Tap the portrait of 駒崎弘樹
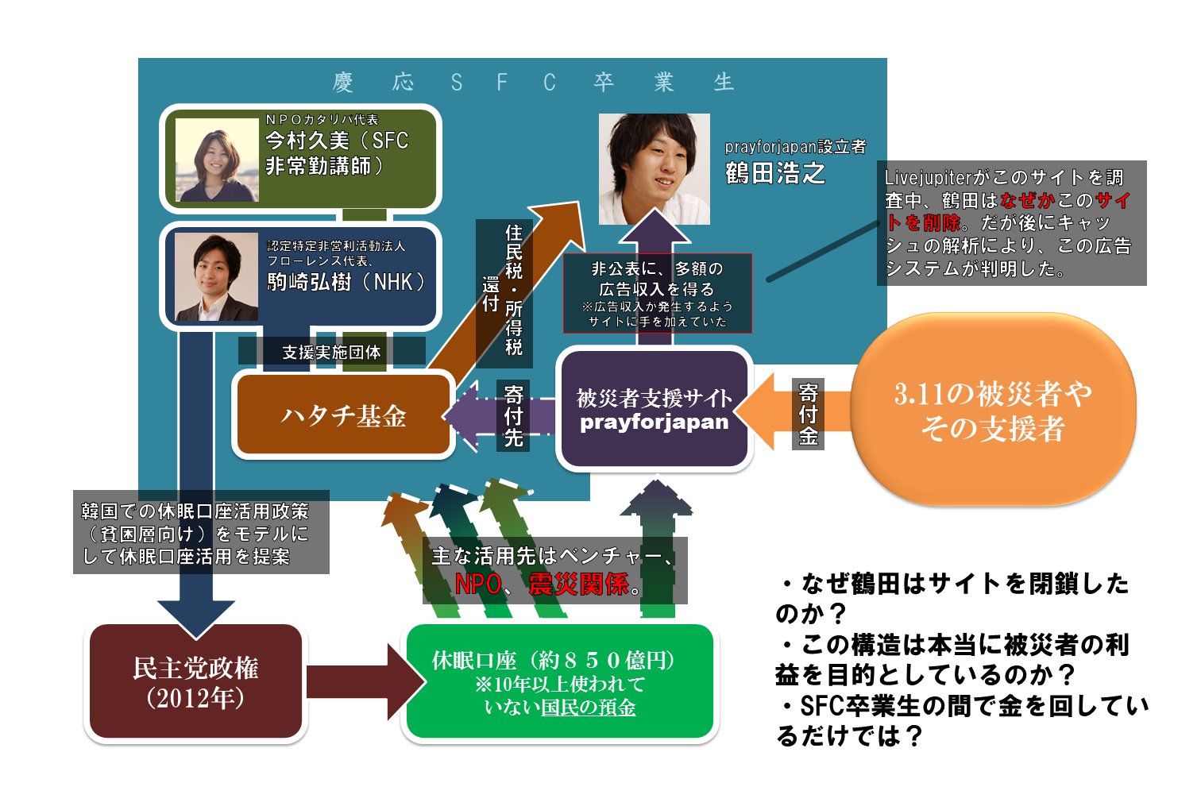216,276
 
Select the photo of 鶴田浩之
654,168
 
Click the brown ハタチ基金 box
343,415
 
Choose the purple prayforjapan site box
654,410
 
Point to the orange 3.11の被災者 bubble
993,410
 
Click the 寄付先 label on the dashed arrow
514,415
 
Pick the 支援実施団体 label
331,352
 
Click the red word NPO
478,584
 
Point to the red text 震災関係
579,584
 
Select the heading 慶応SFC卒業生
532,83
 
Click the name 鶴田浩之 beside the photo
775,173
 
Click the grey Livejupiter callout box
1011,223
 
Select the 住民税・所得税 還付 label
504,291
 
